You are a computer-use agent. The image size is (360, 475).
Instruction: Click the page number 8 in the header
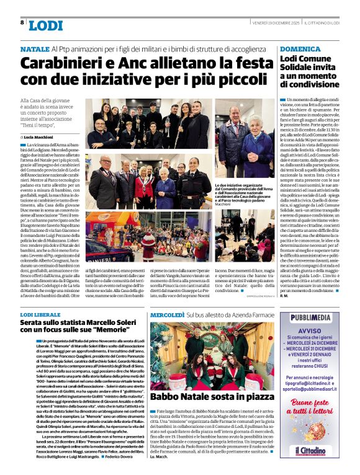22,22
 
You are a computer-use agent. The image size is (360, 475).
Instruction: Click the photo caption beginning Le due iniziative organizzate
244,193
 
